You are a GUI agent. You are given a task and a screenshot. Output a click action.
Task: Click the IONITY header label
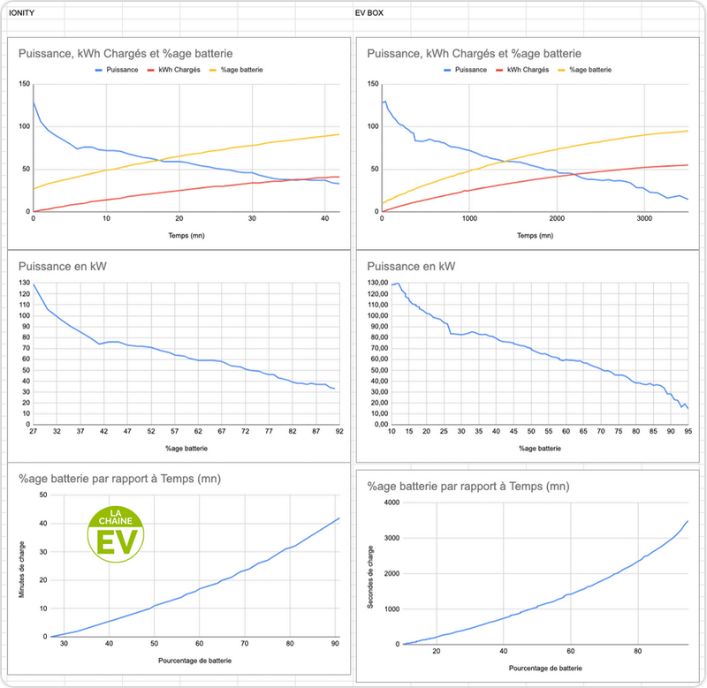(21, 14)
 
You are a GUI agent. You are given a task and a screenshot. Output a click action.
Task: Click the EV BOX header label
(369, 14)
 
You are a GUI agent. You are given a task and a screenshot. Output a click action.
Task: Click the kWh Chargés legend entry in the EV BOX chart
(528, 69)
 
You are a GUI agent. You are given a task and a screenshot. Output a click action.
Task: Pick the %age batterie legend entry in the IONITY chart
(244, 69)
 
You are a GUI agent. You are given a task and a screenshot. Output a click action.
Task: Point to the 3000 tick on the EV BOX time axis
(643, 218)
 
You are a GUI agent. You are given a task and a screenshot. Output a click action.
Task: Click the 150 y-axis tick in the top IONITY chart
(24, 84)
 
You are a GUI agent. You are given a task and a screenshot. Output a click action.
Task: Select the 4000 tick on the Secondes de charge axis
(391, 503)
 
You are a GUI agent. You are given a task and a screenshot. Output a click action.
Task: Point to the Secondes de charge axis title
(372, 574)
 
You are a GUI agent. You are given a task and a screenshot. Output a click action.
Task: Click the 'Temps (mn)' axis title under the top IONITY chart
(186, 236)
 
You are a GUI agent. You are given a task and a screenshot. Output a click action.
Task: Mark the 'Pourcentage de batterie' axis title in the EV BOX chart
(544, 669)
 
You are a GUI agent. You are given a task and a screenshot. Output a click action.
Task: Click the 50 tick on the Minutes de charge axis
(42, 494)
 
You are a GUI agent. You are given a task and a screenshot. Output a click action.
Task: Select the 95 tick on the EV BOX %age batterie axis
(688, 431)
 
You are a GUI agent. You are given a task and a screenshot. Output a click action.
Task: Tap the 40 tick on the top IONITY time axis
(324, 218)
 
